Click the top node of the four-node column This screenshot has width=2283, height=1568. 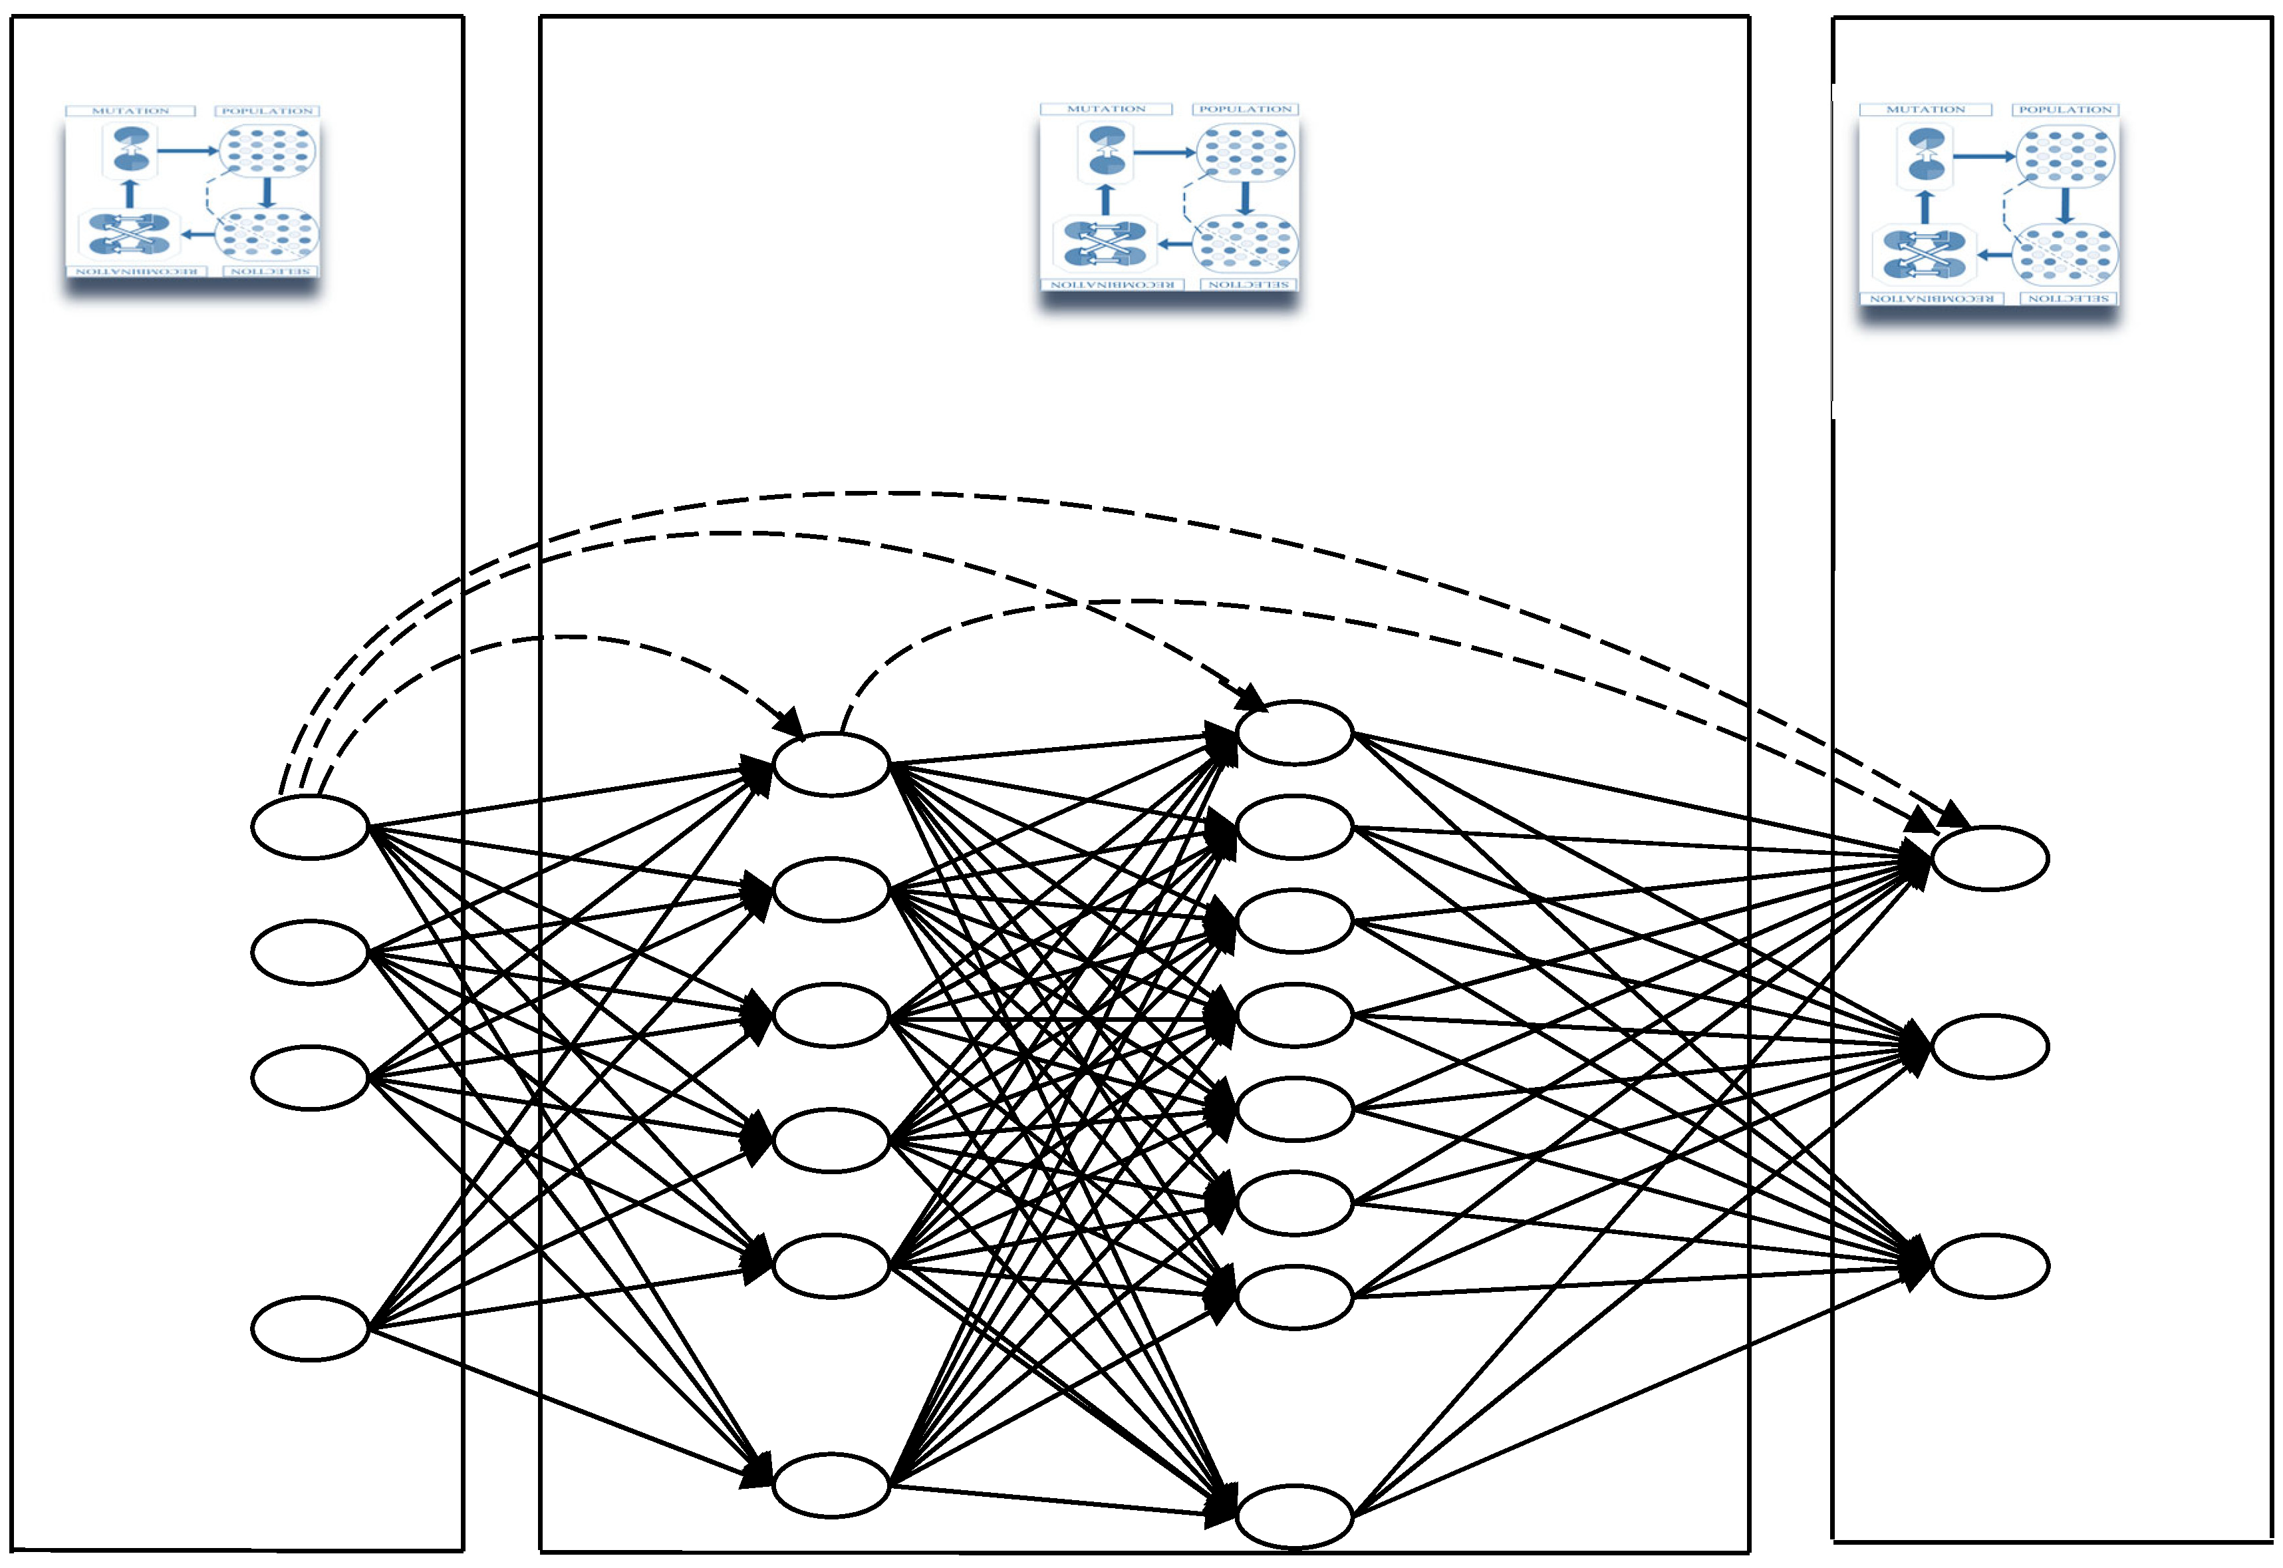point(309,827)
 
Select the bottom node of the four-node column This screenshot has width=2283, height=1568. point(309,1329)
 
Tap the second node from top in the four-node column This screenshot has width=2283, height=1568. point(309,952)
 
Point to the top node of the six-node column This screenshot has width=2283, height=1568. point(831,764)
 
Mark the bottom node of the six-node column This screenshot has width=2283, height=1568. point(831,1486)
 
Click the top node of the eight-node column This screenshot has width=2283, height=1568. point(1295,733)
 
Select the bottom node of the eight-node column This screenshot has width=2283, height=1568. point(1295,1516)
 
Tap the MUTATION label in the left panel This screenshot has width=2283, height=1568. point(130,111)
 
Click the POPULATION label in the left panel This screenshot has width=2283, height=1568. point(267,111)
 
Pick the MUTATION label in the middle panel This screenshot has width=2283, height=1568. point(1106,109)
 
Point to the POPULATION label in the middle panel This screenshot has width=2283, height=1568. point(1246,109)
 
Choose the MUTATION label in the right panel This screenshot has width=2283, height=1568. point(1925,110)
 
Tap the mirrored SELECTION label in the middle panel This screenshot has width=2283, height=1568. point(1249,284)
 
